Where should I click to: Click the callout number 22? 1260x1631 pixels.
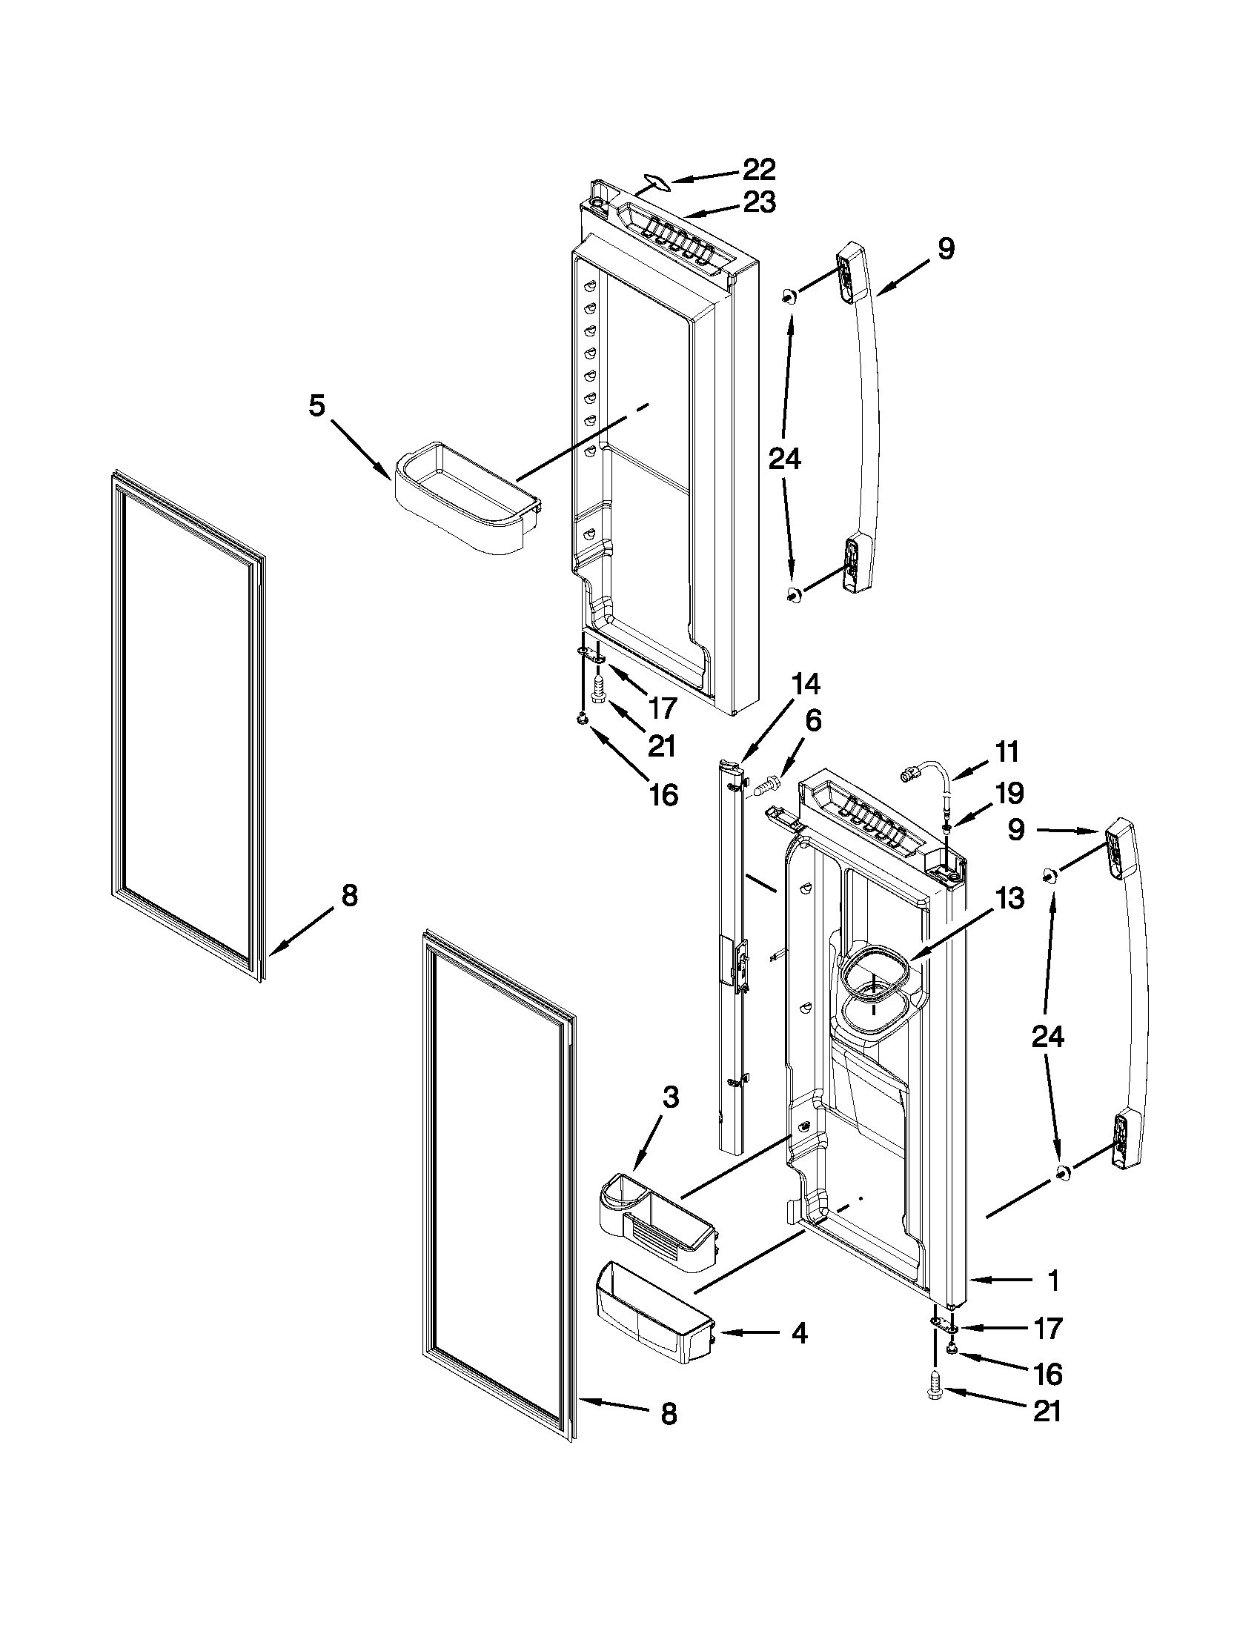coord(759,170)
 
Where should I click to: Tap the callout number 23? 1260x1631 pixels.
coord(759,202)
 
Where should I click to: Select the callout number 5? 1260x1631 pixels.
coord(316,406)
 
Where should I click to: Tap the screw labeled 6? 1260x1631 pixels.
coord(767,785)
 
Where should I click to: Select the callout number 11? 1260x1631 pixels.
coord(1007,751)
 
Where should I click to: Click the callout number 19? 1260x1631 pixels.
coord(1009,793)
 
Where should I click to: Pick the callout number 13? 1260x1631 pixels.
coord(1009,899)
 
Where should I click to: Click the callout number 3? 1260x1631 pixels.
coord(670,1097)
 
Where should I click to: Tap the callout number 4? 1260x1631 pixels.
coord(799,1333)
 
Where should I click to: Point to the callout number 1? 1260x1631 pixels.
coord(1053,1280)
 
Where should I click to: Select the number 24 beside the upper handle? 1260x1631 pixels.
coord(784,458)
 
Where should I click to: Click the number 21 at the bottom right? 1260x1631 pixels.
coord(1047,1411)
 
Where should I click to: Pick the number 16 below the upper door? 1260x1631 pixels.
coord(663,795)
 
